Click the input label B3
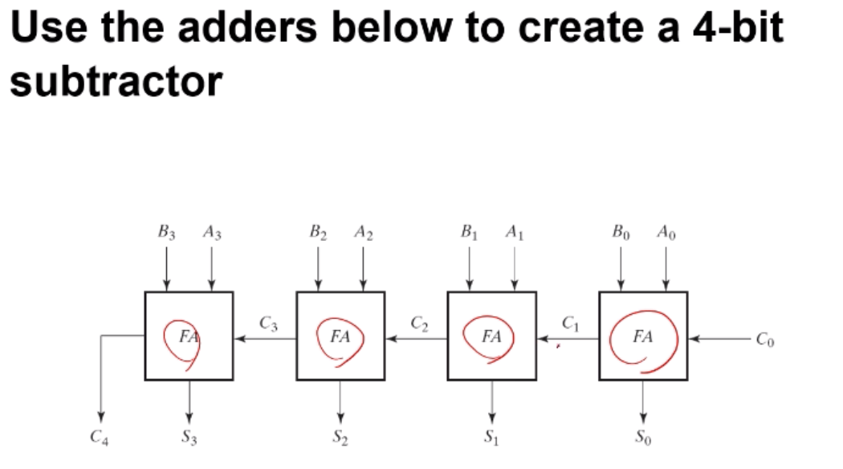coord(167,234)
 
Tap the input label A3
coord(212,234)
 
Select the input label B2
coord(318,234)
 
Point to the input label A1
coord(515,234)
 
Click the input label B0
coord(621,234)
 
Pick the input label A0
coord(666,234)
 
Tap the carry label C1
coord(569,324)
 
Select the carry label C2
coord(418,324)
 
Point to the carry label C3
coord(268,324)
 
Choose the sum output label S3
coord(188,438)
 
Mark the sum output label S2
coord(340,438)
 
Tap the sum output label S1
coord(491,438)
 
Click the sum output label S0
coord(642,438)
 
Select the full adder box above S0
coord(643,336)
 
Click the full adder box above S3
coord(189,336)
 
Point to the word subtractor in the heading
coord(116,82)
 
